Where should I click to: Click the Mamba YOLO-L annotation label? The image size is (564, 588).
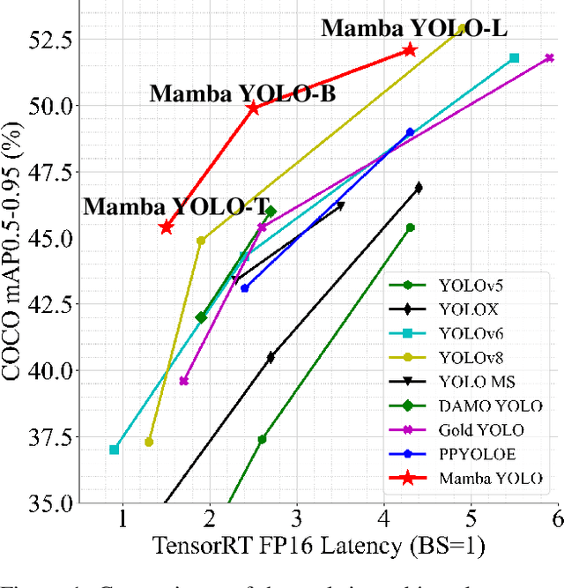tap(413, 28)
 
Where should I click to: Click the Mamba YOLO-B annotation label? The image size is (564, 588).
tap(241, 93)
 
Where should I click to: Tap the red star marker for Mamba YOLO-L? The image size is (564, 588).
tap(409, 50)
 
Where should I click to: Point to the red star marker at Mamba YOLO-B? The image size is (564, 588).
tap(253, 108)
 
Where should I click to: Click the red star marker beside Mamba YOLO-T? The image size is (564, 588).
tap(166, 227)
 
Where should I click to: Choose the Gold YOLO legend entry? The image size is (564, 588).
tap(480, 430)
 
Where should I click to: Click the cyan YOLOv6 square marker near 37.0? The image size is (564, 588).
tap(115, 450)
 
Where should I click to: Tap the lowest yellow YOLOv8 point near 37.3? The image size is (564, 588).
tap(149, 442)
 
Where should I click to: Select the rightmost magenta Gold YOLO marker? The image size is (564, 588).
tap(549, 58)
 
